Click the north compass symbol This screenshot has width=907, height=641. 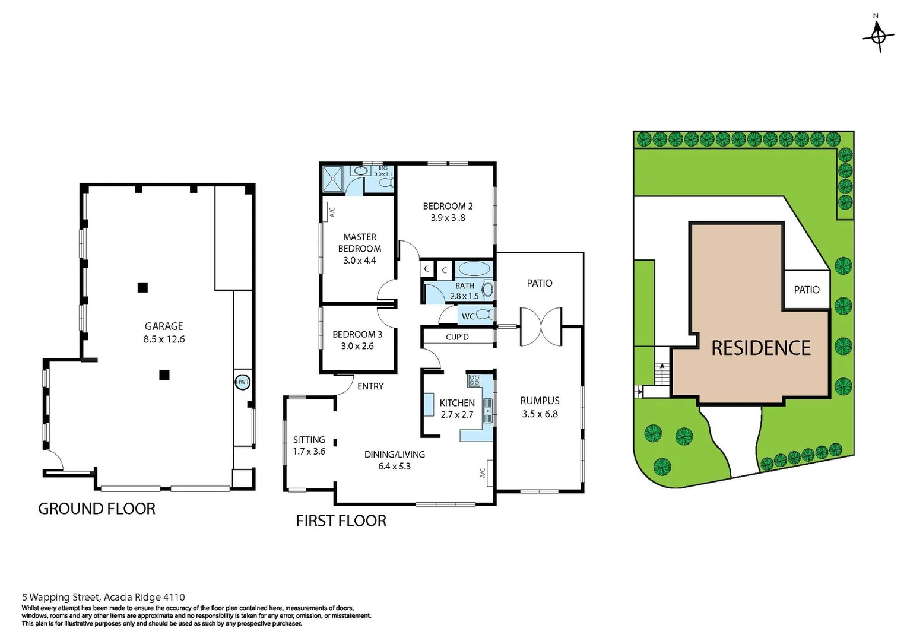tap(878, 36)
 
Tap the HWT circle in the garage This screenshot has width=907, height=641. tap(242, 382)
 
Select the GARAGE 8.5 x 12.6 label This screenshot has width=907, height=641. tap(164, 333)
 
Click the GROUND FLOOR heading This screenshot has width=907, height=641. tap(97, 509)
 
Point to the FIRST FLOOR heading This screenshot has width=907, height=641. tap(341, 521)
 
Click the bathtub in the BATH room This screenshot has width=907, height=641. tap(474, 268)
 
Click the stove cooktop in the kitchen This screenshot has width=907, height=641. tap(474, 380)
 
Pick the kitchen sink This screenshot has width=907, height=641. tap(487, 410)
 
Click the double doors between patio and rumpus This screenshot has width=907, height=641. tap(540, 326)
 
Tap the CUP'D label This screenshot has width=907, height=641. tap(457, 337)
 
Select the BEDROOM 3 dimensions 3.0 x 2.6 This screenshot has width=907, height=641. tap(357, 346)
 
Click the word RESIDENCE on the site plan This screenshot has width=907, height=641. tap(760, 348)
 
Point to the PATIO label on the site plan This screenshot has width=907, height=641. tap(806, 290)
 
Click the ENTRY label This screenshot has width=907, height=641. tap(370, 386)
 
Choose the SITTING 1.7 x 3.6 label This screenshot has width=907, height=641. tap(309, 445)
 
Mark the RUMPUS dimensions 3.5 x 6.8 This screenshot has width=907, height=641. tap(540, 414)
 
